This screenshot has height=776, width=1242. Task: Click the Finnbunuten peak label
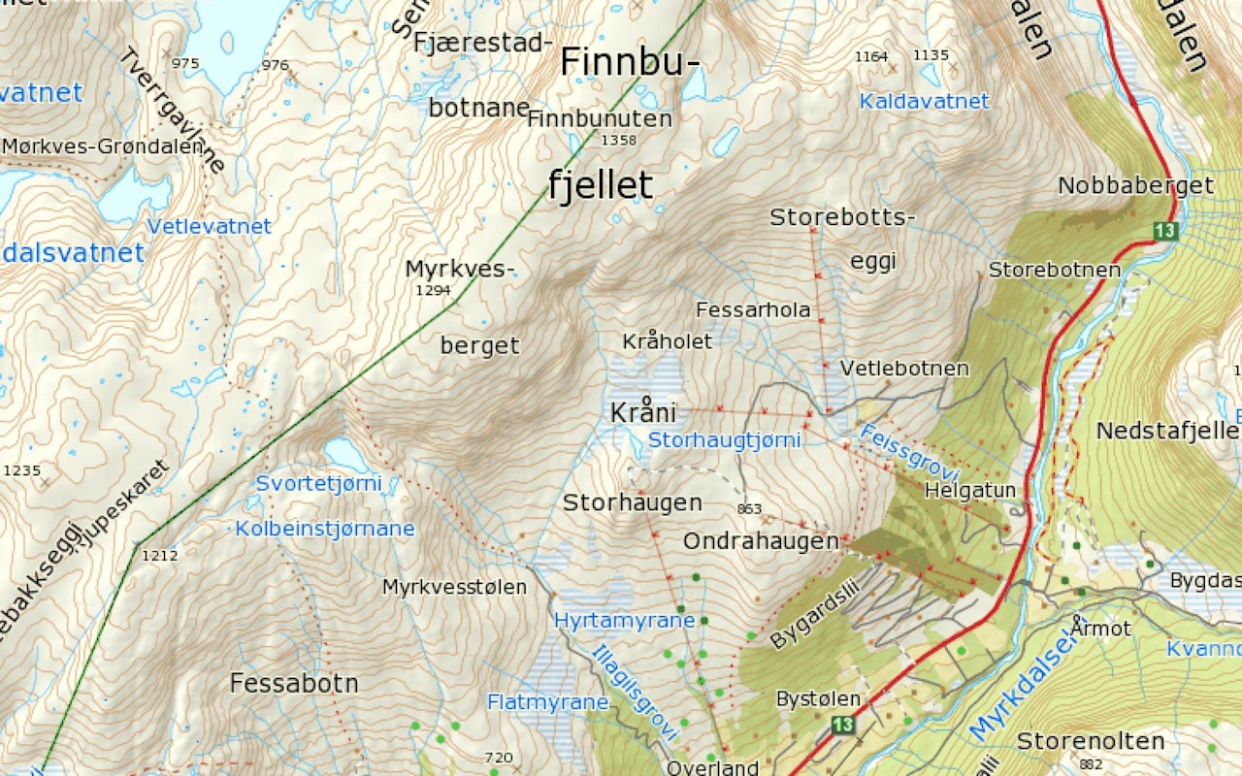tap(600, 119)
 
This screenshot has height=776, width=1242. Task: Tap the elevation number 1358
tap(618, 141)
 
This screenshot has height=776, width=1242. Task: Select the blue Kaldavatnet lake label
tap(924, 101)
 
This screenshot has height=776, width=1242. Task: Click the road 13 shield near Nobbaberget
tap(1165, 230)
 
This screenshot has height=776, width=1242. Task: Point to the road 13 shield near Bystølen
tap(841, 725)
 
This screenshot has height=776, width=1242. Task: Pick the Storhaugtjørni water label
tap(724, 440)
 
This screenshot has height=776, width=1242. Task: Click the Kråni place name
tap(642, 412)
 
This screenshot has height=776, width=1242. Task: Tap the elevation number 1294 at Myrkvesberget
tap(433, 290)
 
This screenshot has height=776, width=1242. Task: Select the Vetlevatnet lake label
tap(209, 226)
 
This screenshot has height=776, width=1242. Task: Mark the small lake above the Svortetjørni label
tap(345, 453)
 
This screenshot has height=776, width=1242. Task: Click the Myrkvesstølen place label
tap(454, 587)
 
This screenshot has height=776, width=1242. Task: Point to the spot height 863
tap(749, 508)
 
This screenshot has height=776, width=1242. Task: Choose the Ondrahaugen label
tap(761, 541)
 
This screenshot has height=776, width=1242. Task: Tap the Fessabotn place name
tap(294, 683)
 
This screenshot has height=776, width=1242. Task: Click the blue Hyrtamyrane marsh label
tap(624, 620)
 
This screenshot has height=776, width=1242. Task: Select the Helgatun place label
tap(969, 491)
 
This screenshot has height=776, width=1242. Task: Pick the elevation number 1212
tap(160, 556)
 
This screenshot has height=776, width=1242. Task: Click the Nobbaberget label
tap(1135, 185)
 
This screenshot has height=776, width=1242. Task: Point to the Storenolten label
tap(1090, 741)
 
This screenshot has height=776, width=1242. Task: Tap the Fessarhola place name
tap(753, 309)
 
